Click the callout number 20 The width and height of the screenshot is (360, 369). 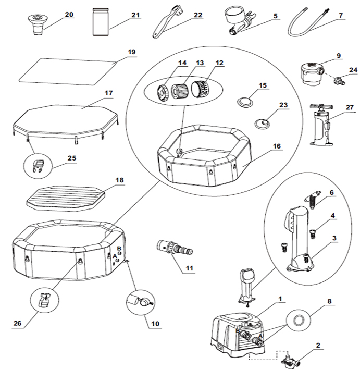[69, 14]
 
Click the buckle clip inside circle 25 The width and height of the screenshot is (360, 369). [36, 166]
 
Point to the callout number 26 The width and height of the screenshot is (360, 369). [19, 323]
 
